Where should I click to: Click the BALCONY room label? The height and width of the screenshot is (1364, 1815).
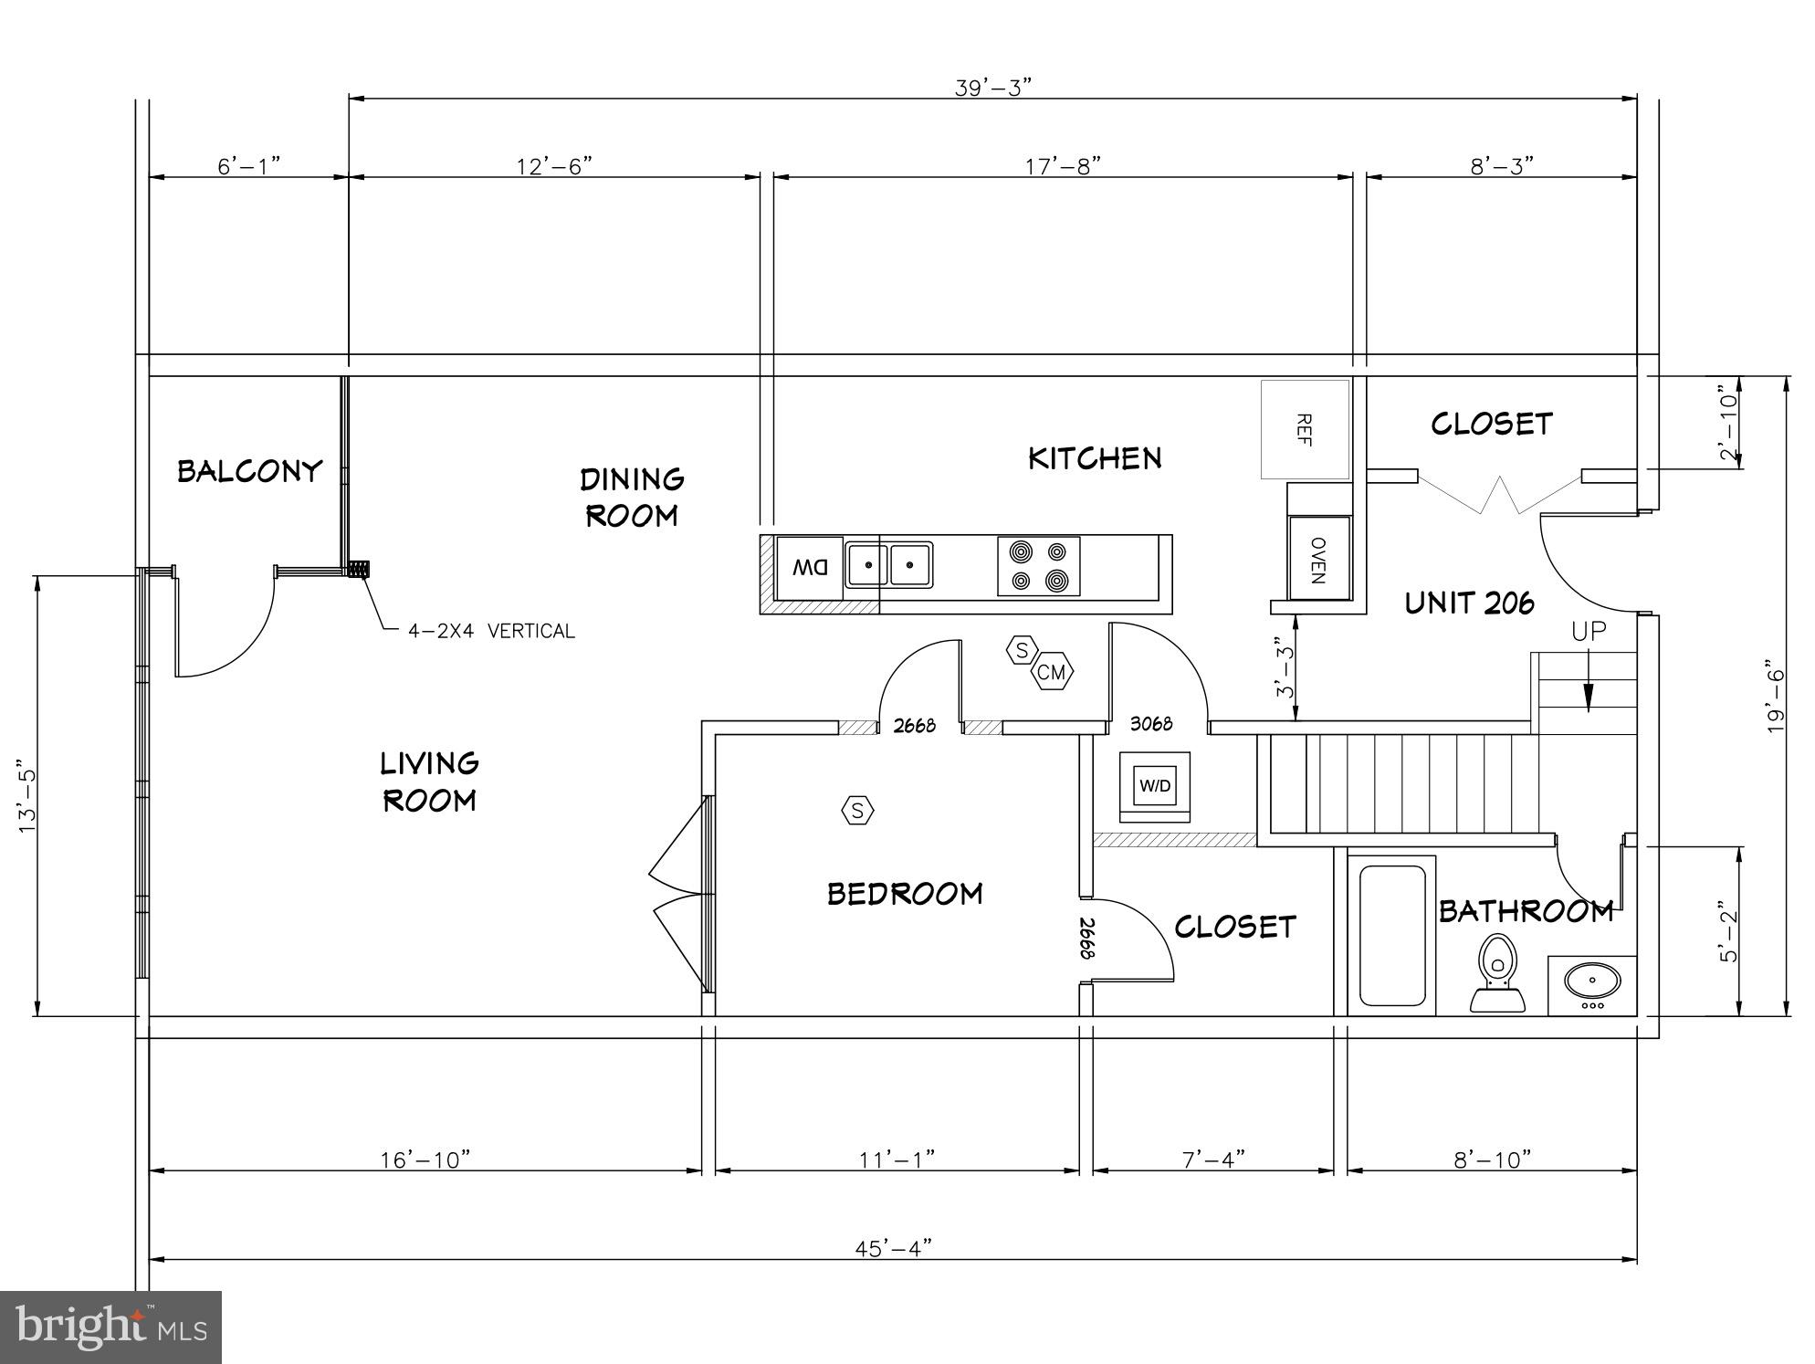(249, 471)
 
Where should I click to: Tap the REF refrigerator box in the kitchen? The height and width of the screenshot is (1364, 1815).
(1305, 429)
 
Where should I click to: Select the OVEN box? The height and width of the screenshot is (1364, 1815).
(1318, 559)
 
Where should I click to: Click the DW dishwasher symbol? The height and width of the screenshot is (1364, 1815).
(809, 567)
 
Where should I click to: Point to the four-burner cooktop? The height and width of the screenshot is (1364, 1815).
(1038, 566)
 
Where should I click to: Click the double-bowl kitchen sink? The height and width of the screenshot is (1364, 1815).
(888, 565)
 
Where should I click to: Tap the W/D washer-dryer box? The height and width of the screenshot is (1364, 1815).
(1155, 785)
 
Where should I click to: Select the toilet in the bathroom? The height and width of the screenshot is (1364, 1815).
(1496, 972)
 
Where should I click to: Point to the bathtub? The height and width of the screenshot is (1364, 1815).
(1391, 935)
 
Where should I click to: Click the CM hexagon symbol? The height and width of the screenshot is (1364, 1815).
(1052, 673)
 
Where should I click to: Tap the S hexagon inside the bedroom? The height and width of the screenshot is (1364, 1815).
(856, 810)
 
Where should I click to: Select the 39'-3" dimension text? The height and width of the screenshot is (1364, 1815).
(992, 88)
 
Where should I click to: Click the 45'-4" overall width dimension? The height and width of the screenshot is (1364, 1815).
(893, 1247)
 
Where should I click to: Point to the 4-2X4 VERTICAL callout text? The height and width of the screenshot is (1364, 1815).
(491, 631)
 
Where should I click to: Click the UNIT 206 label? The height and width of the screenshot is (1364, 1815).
(1469, 603)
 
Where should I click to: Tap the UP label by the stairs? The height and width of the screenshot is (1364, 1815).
(1589, 631)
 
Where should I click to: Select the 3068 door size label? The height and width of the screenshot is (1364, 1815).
(1150, 724)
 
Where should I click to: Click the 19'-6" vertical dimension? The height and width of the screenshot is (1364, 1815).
(1774, 696)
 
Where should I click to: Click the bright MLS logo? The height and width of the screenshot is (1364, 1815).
(110, 1327)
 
